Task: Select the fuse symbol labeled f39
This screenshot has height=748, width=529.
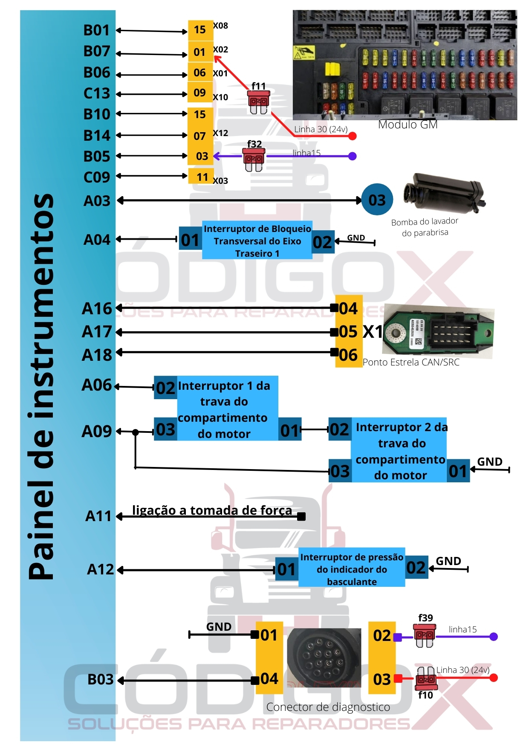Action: pyautogui.click(x=425, y=636)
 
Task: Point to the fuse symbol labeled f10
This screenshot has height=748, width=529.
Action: pyautogui.click(x=426, y=678)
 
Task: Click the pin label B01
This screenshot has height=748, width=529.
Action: pyautogui.click(x=97, y=30)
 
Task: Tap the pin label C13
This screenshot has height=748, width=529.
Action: pyautogui.click(x=97, y=93)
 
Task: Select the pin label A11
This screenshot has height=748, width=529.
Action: pyautogui.click(x=98, y=516)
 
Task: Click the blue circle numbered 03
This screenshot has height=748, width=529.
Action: pyautogui.click(x=377, y=200)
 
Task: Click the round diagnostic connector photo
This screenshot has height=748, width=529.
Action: pyautogui.click(x=324, y=657)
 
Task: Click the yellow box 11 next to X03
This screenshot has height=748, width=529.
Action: pyautogui.click(x=200, y=177)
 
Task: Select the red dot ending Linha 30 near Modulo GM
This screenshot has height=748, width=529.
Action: pyautogui.click(x=352, y=136)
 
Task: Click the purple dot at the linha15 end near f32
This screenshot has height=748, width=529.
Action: pyautogui.click(x=352, y=156)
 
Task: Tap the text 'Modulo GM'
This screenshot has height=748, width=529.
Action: pyautogui.click(x=408, y=125)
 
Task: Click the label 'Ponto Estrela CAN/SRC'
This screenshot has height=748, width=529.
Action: pyautogui.click(x=411, y=362)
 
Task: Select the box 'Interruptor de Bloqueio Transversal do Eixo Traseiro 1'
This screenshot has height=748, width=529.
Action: pyautogui.click(x=257, y=241)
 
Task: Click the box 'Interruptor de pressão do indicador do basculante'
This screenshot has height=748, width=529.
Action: pyautogui.click(x=352, y=569)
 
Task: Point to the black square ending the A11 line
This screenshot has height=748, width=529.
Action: pyautogui.click(x=301, y=516)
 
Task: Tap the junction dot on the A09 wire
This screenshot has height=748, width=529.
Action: pyautogui.click(x=136, y=432)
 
